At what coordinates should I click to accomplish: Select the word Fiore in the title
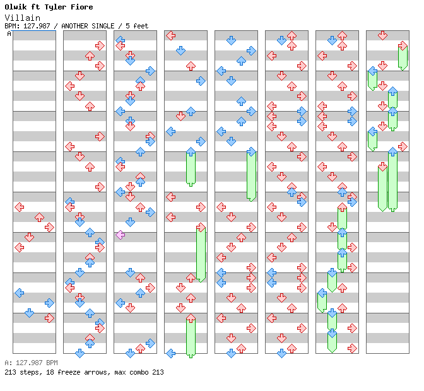pos(81,7)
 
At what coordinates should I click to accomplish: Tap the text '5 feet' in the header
pos(138,26)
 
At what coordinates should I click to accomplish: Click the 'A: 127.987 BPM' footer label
pos(31,363)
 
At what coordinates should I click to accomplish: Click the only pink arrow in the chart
pos(120,235)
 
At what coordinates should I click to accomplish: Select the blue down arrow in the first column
pos(29,313)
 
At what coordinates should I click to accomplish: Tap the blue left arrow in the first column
pos(19,293)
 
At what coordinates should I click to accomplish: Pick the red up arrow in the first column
pos(39,217)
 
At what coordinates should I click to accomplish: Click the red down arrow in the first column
pos(29,237)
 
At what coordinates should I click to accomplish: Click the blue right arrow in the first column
pos(49,303)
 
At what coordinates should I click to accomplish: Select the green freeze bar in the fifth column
pos(251,175)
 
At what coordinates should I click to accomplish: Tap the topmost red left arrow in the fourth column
pos(170,35)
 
